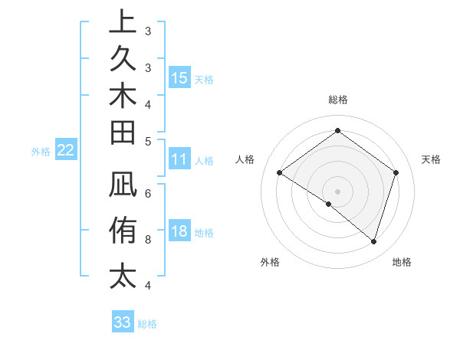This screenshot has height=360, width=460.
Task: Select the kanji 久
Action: pos(123,60)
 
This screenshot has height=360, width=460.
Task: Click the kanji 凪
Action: pos(123,188)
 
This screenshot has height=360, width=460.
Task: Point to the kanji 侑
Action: pos(123,230)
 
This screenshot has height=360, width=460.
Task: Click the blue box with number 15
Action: pos(179,78)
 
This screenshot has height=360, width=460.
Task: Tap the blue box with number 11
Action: pos(179,160)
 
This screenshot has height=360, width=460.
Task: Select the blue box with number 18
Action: pos(179,232)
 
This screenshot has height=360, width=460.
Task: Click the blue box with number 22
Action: pos(66,150)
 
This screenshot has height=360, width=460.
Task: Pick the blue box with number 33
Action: pos(123,322)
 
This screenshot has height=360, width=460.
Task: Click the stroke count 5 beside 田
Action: pos(148,140)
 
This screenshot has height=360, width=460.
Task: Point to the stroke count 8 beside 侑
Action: pos(148,240)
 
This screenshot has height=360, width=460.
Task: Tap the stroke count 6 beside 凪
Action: pos(148,194)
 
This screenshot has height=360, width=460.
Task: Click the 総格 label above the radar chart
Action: pos(338,100)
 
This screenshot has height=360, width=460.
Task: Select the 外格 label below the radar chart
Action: pos(270,262)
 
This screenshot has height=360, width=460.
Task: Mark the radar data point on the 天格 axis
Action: pos(396,173)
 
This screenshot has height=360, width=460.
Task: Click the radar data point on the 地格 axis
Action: pos(373,242)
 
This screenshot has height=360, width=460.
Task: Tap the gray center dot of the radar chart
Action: pos(337,191)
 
